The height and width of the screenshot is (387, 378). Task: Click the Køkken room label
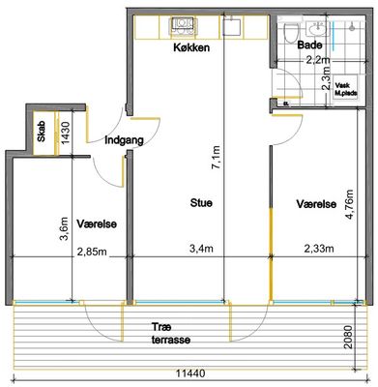[191, 47]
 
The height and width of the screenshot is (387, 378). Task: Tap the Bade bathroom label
[309, 45]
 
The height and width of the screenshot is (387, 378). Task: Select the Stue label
[201, 203]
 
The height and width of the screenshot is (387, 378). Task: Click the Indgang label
[124, 140]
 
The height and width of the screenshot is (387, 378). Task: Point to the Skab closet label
[42, 132]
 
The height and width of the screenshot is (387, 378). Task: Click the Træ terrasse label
[171, 334]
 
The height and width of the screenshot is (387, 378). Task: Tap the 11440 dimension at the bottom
[190, 373]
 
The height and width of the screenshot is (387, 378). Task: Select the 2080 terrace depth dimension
[348, 337]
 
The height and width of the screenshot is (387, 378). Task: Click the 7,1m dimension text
[217, 157]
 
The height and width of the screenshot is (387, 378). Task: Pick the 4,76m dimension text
[350, 204]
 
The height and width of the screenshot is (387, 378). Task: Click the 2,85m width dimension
[92, 252]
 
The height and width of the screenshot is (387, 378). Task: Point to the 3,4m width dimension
[201, 249]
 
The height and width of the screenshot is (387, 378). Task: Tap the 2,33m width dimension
[319, 249]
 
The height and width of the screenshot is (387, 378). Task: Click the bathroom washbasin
[317, 29]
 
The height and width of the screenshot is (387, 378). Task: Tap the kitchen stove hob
[182, 25]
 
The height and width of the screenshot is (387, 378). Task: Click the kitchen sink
[231, 27]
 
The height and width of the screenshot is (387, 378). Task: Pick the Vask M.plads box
[346, 90]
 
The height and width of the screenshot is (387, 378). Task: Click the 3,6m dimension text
[66, 228]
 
